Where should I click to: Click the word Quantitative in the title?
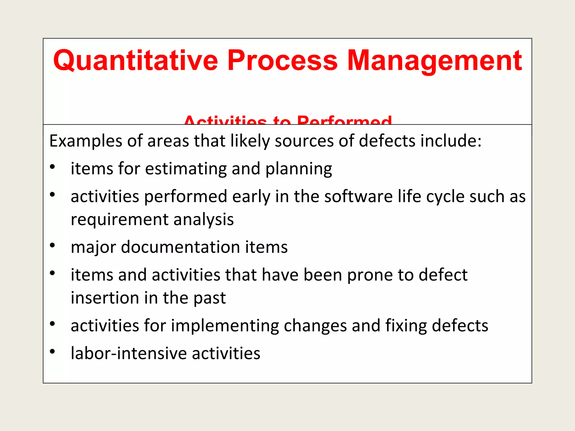coord(135,60)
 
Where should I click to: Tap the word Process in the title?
coord(282,60)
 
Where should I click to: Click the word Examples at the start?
coord(86,141)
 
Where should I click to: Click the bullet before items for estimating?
coord(52,167)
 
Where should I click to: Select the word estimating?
coord(186,169)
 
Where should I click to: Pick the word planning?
coord(298,169)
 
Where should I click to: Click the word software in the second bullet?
coord(358,196)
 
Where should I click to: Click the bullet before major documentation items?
coord(52,245)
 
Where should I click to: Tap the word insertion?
coord(104,298)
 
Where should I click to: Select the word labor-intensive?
coord(129,353)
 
